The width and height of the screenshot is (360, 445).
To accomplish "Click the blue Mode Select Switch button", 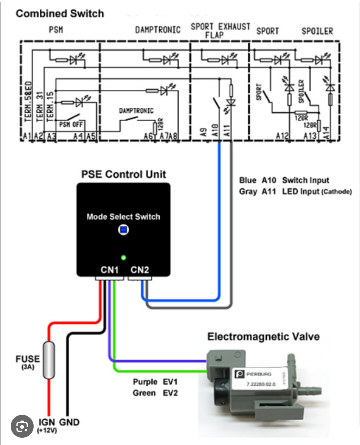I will coord(123,230).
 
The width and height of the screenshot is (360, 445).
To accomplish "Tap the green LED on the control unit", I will coord(123,257).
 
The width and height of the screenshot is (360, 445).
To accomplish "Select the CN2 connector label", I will coord(139,270).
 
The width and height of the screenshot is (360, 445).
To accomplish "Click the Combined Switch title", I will coord(60,14).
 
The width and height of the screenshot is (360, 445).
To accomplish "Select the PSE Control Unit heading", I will coord(124,174).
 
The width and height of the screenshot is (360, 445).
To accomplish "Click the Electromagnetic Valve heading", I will coord(263,337).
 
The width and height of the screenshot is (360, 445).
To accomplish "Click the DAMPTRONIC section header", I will coord(157,30).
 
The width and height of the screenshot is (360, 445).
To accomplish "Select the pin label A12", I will coord(282,136).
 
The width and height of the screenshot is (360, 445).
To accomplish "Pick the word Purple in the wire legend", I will coord(145,382).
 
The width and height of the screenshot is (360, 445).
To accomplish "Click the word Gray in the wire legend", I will coord(248,192).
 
